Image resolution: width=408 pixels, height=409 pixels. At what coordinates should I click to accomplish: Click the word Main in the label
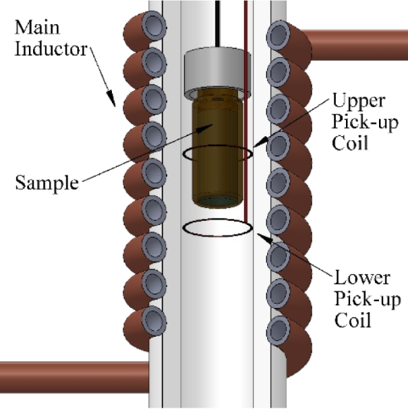[x=37, y=28]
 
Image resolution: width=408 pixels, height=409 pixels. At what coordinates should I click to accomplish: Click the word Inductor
[x=51, y=49]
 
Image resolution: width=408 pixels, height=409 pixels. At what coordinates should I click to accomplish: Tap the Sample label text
[x=47, y=183]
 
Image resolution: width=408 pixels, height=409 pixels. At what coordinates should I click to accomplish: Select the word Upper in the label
[x=359, y=101]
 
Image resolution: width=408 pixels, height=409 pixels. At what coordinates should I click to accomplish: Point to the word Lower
[x=362, y=278]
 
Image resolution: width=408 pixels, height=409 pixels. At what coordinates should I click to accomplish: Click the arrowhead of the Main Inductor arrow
[x=112, y=98]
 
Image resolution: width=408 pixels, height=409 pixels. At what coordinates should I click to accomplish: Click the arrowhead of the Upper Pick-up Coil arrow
[x=260, y=142]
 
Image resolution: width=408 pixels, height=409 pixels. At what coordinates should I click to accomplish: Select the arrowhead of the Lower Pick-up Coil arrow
[x=264, y=238]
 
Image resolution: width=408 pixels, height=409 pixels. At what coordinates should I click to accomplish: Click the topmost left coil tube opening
[x=154, y=26]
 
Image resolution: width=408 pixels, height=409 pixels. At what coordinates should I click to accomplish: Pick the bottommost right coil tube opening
[x=279, y=330]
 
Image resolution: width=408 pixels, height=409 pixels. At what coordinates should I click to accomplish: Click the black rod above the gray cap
[x=217, y=24]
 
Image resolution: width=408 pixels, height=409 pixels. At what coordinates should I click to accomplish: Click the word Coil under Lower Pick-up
[x=353, y=320]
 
